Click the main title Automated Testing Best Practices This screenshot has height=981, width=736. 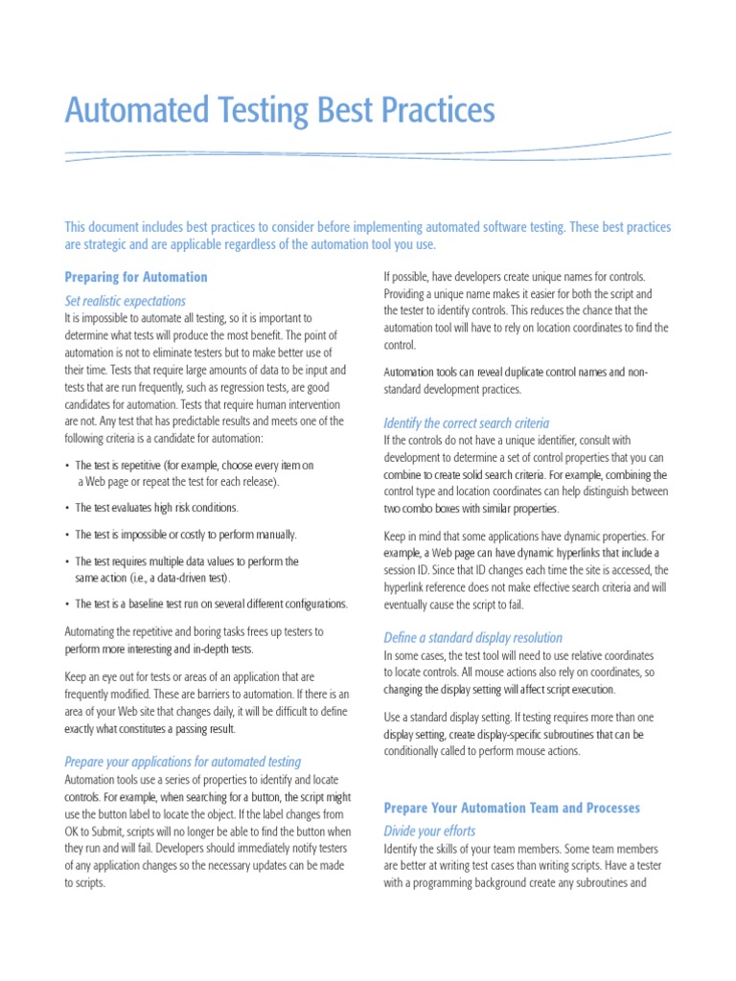point(280,111)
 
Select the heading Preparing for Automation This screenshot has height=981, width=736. point(135,277)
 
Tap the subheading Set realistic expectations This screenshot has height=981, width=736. point(125,301)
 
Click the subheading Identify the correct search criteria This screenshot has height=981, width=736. point(466,422)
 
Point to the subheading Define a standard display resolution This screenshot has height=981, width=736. point(472,637)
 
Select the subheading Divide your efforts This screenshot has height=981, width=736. point(429,831)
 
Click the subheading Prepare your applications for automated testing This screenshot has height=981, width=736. point(182,762)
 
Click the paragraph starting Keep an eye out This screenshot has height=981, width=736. point(206,702)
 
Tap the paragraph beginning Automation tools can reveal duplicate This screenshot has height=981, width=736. point(516,380)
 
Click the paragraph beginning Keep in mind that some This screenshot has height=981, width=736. point(526,570)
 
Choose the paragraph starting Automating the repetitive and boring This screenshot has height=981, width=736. point(194,640)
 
